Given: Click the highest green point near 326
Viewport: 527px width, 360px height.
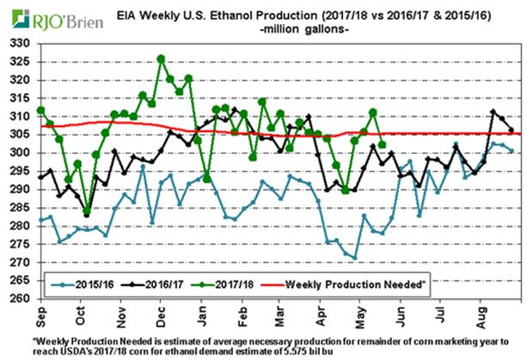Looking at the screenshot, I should coord(161,58).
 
